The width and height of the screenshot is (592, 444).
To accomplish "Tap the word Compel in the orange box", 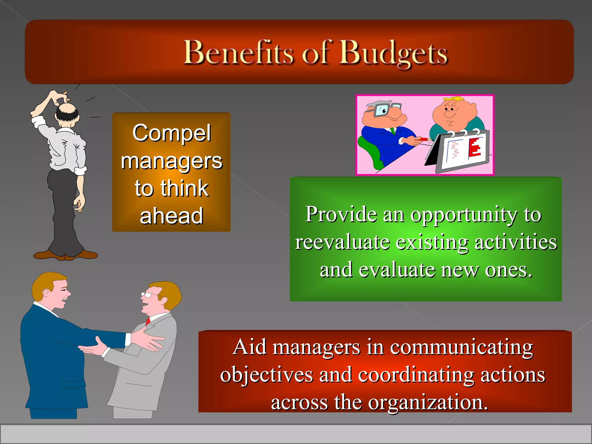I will click(172, 133).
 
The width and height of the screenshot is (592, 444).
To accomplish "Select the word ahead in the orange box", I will click(171, 216).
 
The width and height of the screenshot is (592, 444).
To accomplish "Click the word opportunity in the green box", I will click(464, 215).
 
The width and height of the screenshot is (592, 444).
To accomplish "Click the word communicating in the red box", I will click(461, 347).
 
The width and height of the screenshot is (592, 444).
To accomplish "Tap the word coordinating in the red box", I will click(416, 375).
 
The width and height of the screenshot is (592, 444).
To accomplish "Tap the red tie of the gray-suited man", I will click(148, 321).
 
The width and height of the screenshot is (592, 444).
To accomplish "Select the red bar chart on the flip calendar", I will click(474, 148).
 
